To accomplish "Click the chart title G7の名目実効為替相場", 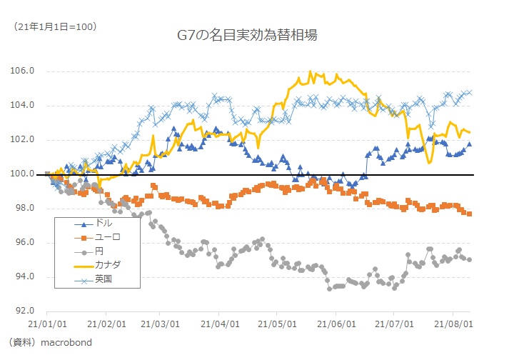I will click(x=246, y=34).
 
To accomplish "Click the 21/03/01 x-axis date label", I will click(x=159, y=324).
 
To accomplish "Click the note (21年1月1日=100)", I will click(x=55, y=26).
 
